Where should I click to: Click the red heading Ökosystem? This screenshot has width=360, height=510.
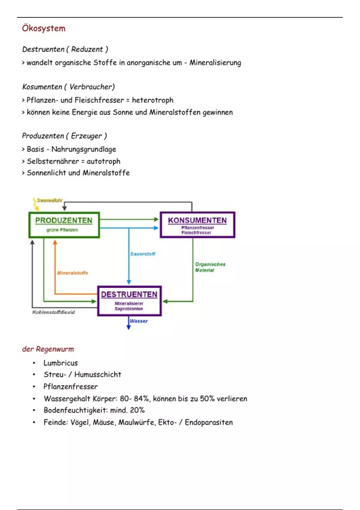pos(43,28)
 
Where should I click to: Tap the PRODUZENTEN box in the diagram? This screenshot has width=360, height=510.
pos(64,225)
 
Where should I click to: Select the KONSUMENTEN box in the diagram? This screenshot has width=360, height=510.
pos(197,225)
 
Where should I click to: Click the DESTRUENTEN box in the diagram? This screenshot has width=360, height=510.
pos(129,301)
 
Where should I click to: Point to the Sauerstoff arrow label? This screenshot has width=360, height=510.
pos(142,254)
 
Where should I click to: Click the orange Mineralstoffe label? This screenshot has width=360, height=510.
pos(72,273)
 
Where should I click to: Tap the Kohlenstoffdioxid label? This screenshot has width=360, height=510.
pos(53,312)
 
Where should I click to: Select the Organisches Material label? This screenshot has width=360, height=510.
pos(210,267)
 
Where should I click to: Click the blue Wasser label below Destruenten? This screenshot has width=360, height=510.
pos(139,321)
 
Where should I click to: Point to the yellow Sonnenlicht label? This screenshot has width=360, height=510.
pos(49,200)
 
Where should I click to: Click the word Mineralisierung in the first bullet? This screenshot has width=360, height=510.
pos(215,63)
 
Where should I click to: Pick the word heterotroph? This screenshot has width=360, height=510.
pos(152,100)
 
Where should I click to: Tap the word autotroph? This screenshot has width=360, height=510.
pos(103,161)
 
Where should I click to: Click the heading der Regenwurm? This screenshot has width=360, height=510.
pos(48,349)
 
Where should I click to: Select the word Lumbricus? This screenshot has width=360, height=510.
pos(61,363)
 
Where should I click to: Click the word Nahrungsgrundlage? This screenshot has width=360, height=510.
pos(84,149)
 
